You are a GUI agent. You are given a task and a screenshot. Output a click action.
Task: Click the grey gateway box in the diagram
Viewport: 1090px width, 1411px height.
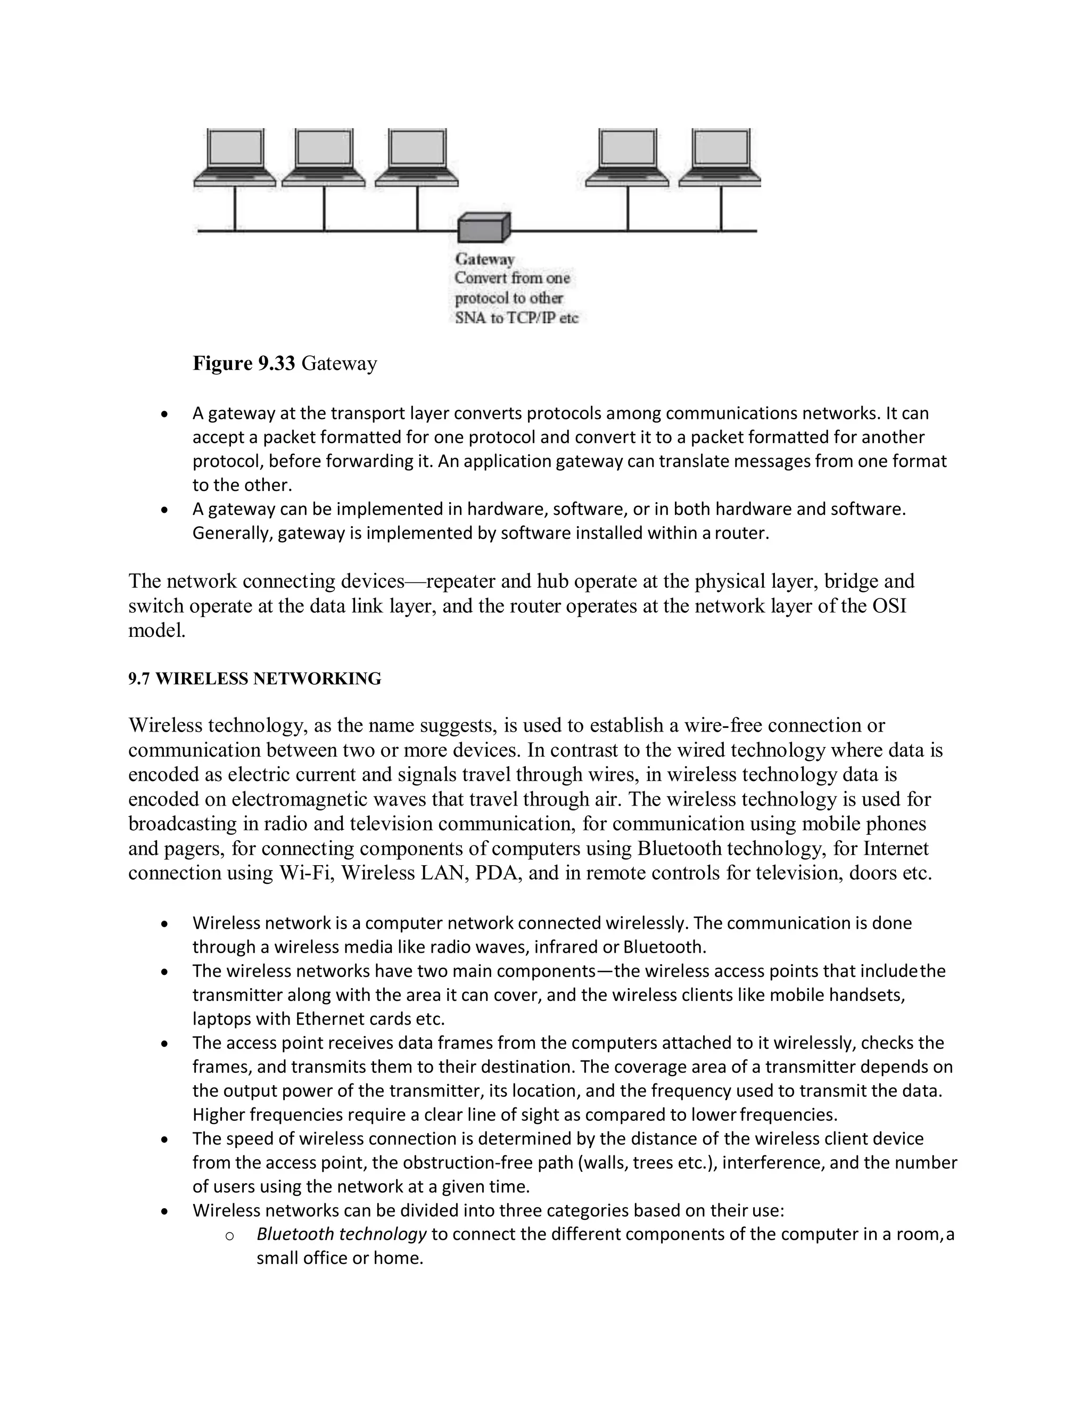(x=484, y=228)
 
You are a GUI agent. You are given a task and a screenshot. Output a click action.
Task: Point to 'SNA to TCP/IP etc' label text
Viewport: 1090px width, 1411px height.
(x=516, y=318)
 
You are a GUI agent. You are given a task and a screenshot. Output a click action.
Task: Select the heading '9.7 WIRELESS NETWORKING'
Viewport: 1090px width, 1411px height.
(x=254, y=678)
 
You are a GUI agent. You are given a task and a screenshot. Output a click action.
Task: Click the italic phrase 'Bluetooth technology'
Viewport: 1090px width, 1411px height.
(x=341, y=1234)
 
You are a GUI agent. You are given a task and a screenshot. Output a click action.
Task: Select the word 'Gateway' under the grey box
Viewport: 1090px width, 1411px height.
(x=484, y=259)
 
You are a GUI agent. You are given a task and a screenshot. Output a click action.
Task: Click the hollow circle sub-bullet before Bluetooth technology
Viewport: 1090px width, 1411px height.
(x=229, y=1235)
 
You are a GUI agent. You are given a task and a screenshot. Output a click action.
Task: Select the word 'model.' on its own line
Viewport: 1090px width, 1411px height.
(x=157, y=630)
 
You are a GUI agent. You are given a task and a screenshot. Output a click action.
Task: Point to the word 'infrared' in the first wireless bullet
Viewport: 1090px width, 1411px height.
(x=566, y=947)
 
